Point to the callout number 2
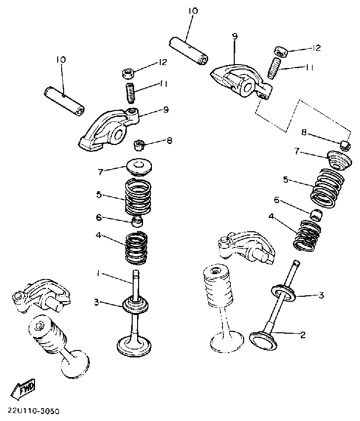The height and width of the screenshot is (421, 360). coord(303,335)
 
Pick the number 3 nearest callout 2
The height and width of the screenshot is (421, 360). coord(321,295)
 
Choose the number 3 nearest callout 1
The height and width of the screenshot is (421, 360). coord(97,302)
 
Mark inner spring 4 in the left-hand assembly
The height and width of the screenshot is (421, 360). coord(137,248)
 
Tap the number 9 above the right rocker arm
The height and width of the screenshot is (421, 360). coord(235,36)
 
